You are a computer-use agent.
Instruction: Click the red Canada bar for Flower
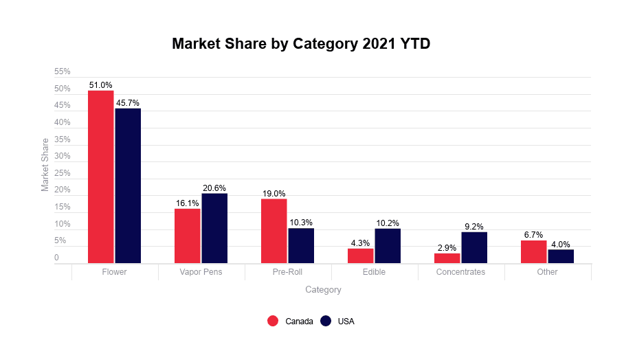click(x=100, y=177)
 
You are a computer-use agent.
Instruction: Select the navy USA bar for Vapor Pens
click(x=214, y=228)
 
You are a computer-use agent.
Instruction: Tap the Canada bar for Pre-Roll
click(x=274, y=231)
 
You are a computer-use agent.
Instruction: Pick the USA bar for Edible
click(x=388, y=246)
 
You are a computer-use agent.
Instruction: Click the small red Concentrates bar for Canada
click(x=447, y=258)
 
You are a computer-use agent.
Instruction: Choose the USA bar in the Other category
click(x=561, y=256)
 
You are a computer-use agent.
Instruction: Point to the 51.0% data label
click(x=100, y=85)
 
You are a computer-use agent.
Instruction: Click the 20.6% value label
click(x=214, y=188)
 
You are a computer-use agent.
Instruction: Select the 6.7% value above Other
click(x=533, y=235)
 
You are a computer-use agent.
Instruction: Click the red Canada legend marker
click(x=273, y=321)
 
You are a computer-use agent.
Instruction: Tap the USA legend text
click(x=346, y=321)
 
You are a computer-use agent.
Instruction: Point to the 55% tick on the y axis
click(x=63, y=71)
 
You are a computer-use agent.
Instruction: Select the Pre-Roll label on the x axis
click(x=287, y=272)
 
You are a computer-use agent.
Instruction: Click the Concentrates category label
click(x=460, y=272)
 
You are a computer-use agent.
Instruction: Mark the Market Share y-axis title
click(x=45, y=165)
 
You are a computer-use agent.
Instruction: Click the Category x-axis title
click(x=323, y=290)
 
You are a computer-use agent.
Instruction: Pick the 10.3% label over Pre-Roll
click(x=301, y=223)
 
